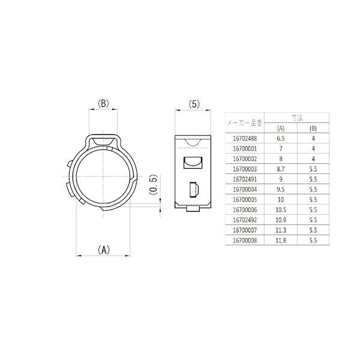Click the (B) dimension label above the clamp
(x=103, y=104)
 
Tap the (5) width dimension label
(x=193, y=104)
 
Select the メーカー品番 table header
(x=243, y=123)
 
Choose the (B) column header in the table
(x=312, y=128)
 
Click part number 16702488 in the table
(x=243, y=139)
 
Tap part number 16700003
(x=243, y=169)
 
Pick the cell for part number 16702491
(x=243, y=179)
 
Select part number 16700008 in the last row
(x=243, y=241)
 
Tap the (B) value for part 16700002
(x=312, y=159)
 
